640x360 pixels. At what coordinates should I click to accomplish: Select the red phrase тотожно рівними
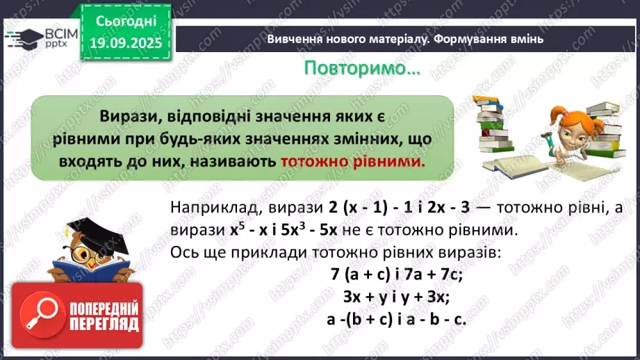352,161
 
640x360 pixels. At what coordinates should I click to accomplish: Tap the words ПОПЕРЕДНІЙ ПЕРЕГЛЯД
101,317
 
